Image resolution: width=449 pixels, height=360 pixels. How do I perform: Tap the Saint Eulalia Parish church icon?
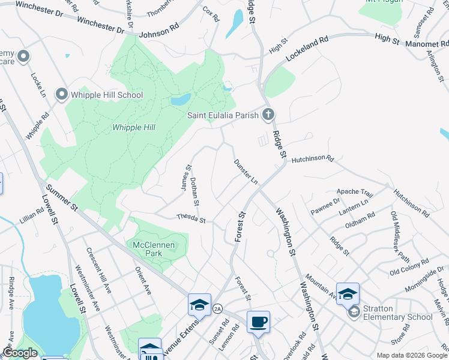[x=268, y=115]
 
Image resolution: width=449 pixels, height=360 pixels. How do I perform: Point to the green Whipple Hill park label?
[x=134, y=127]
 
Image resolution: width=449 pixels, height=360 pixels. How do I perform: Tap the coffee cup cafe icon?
[x=258, y=322]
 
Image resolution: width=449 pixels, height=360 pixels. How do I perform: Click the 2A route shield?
[x=217, y=308]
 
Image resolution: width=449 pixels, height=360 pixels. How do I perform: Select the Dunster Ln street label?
[x=246, y=172]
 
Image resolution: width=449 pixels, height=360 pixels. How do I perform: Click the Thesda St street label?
[x=191, y=219]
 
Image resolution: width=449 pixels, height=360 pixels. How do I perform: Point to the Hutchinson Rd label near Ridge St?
[x=312, y=159]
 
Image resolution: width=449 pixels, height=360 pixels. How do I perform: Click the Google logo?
[x=20, y=353]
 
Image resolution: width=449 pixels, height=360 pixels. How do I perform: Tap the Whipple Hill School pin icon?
[x=61, y=94]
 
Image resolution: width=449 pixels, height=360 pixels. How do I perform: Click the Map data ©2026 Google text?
[x=411, y=355]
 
